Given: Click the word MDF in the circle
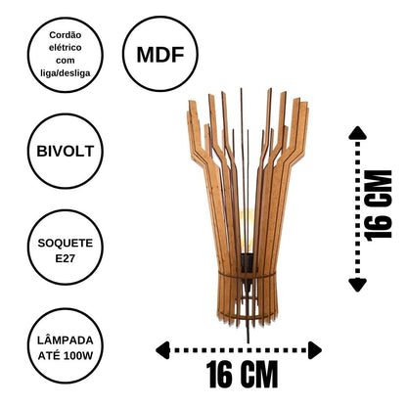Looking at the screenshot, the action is pyautogui.click(x=160, y=55).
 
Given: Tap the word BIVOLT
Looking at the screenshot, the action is pyautogui.click(x=66, y=152).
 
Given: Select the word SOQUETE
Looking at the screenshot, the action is pyautogui.click(x=66, y=243).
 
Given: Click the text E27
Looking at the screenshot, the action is pyautogui.click(x=66, y=258).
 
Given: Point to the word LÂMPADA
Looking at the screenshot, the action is pyautogui.click(x=66, y=340).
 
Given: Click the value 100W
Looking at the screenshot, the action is pyautogui.click(x=78, y=355).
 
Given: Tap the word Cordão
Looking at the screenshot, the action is pyautogui.click(x=66, y=35).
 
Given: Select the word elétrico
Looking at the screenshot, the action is pyautogui.click(x=66, y=48).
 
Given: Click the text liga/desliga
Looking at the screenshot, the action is pyautogui.click(x=66, y=73).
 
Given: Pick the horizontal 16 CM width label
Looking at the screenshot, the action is pyautogui.click(x=242, y=374).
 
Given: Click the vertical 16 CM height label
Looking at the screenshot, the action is pyautogui.click(x=379, y=205).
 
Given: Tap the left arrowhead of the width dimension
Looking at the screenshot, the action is pyautogui.click(x=162, y=350).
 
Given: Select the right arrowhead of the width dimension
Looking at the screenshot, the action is pyautogui.click(x=315, y=350).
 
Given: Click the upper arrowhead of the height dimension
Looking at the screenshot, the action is pyautogui.click(x=358, y=133).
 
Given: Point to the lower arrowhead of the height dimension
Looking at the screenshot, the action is pyautogui.click(x=358, y=285).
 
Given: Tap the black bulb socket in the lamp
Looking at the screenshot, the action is pyautogui.click(x=247, y=263).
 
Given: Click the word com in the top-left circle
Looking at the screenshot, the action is pyautogui.click(x=66, y=61).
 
